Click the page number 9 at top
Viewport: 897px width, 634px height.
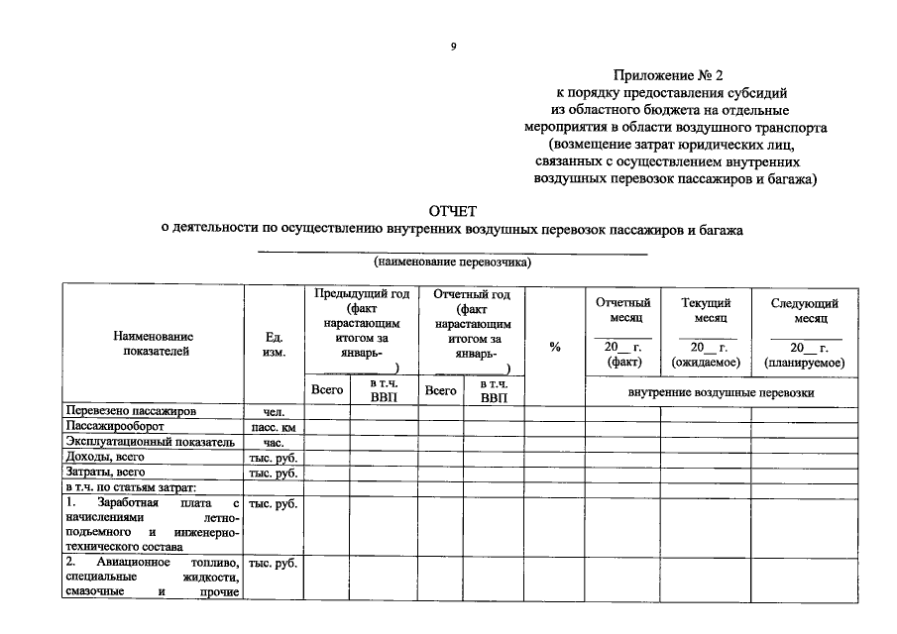[453, 46]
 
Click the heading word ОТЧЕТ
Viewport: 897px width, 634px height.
[452, 211]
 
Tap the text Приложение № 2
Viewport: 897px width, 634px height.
[661, 74]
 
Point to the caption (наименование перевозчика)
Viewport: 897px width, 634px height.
[452, 263]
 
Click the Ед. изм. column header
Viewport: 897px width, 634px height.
[275, 344]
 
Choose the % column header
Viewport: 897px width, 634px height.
[554, 346]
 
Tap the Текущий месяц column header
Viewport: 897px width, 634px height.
[706, 310]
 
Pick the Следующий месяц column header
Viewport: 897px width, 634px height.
[804, 310]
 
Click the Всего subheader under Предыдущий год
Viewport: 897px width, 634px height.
[327, 390]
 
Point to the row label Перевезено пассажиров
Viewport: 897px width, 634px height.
[131, 411]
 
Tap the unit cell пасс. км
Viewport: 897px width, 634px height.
[274, 427]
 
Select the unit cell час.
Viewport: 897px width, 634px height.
[274, 443]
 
